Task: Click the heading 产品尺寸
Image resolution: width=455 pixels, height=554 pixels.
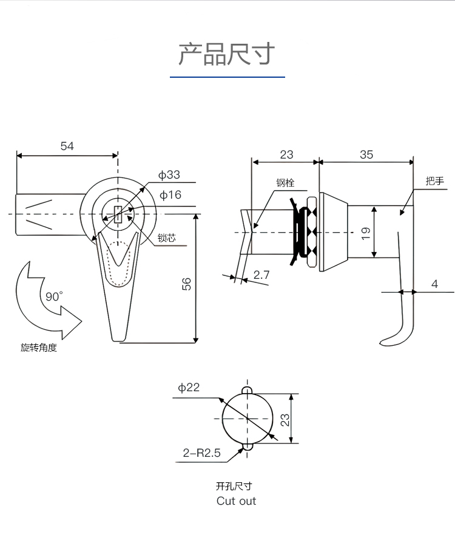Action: pos(227,54)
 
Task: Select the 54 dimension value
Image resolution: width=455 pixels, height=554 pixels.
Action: pos(67,146)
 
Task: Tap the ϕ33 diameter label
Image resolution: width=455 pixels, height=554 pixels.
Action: pos(169,175)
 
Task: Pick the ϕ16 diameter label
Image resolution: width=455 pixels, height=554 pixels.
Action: pos(170,195)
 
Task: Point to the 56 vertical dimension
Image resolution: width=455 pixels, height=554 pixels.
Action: pos(187,284)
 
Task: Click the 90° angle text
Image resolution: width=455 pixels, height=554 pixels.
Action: pos(54,296)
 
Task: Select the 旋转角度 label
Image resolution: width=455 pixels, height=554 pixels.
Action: pos(38,348)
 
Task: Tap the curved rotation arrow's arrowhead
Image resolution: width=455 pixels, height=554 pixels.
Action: pos(70,322)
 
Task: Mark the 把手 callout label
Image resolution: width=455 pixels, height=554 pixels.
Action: pos(435,181)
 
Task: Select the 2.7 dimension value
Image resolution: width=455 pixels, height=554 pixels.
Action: pos(261,275)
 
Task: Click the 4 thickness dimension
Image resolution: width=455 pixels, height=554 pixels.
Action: pos(434,283)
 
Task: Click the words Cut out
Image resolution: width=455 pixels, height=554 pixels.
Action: pos(236,501)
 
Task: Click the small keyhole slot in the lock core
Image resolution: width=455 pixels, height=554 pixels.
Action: pos(118,215)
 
